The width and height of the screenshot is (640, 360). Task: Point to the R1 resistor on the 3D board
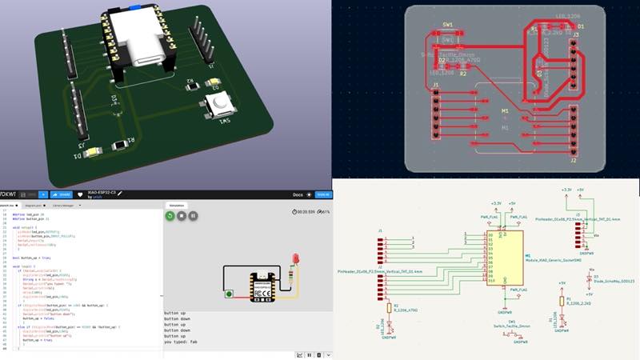(121, 145)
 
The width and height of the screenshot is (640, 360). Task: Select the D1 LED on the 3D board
(92, 151)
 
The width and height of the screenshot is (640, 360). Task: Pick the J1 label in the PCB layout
(436, 84)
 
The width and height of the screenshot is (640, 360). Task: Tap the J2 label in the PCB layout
(574, 160)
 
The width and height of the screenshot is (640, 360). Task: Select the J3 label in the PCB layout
(575, 34)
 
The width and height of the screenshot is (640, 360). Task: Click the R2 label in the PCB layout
(462, 74)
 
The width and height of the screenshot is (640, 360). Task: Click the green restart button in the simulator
(170, 215)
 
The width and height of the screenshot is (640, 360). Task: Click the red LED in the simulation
(295, 258)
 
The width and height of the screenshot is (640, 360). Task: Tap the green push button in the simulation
(230, 294)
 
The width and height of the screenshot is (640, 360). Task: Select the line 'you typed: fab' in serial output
(181, 342)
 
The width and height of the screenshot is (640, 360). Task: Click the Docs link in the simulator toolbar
(297, 194)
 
